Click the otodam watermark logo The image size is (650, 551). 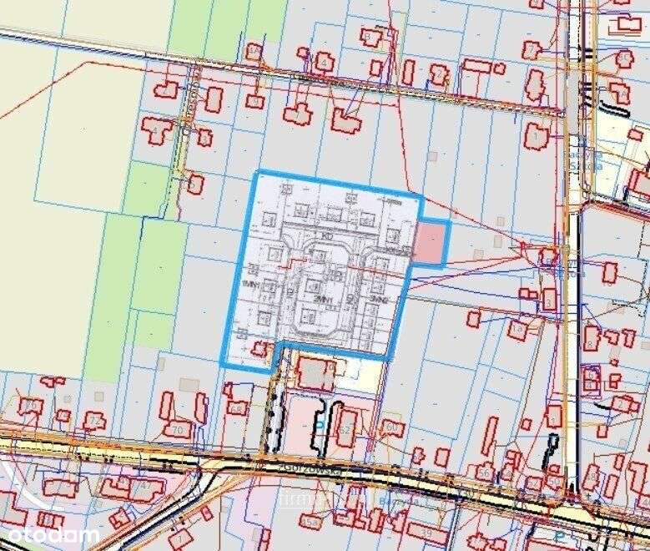tap(50, 533)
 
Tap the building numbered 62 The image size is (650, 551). tap(345, 428)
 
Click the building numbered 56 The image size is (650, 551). tap(485, 472)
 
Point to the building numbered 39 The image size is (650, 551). tap(426, 532)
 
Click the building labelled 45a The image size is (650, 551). tap(311, 523)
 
